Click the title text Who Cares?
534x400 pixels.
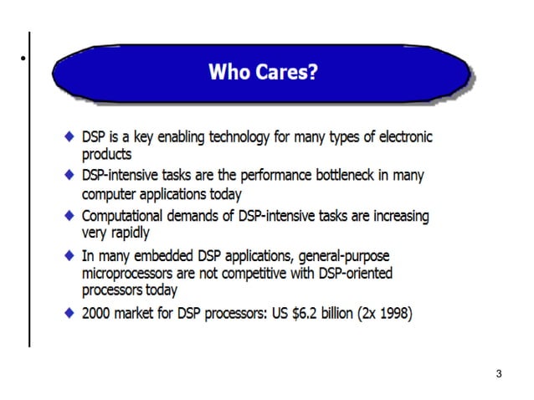262,72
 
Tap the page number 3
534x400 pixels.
499,373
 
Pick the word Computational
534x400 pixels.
122,216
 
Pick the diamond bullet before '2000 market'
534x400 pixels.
69,314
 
